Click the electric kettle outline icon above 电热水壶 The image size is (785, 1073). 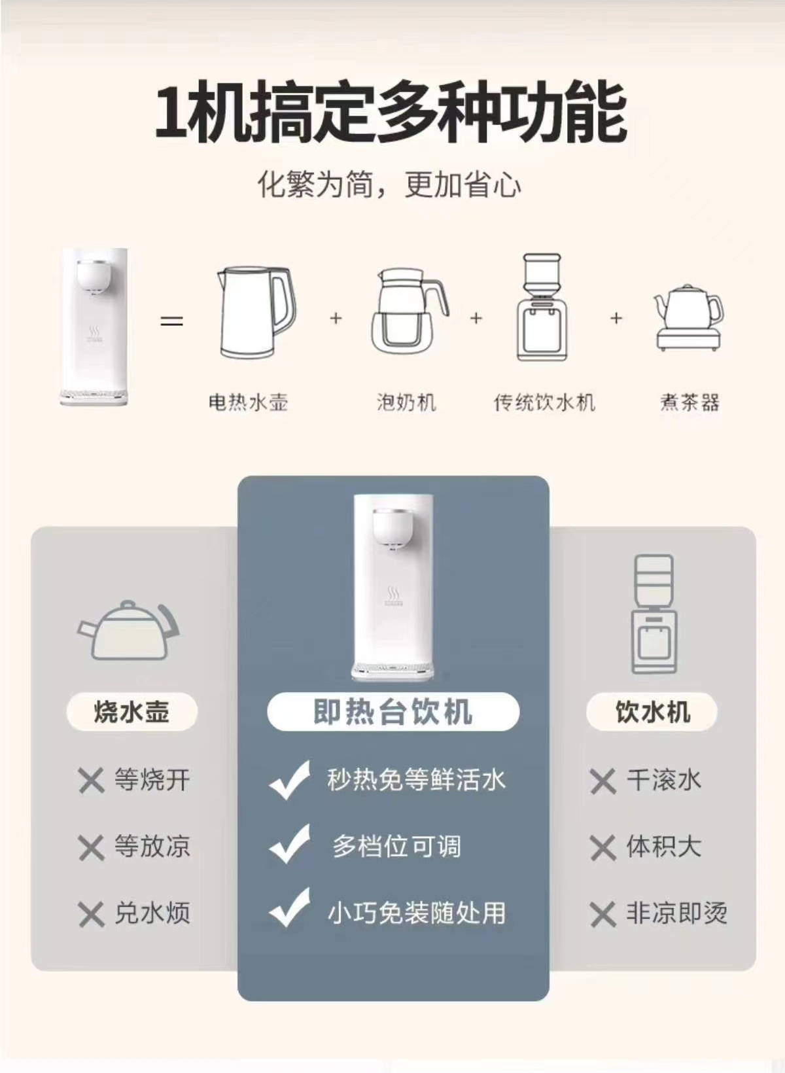(x=256, y=312)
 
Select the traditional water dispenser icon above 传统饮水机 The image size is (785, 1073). (x=544, y=307)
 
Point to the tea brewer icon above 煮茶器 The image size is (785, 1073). (x=689, y=317)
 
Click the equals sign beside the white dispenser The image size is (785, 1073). (x=172, y=321)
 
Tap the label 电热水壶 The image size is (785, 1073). (x=248, y=402)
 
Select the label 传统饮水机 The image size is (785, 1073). (x=544, y=402)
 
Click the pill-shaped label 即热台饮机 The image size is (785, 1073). (x=393, y=711)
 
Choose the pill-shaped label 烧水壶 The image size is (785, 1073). (x=131, y=711)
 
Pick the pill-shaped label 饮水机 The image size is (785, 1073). (x=652, y=711)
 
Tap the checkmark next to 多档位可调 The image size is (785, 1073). (x=289, y=845)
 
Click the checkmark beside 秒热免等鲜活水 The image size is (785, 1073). (x=289, y=781)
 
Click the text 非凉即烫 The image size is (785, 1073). (x=677, y=913)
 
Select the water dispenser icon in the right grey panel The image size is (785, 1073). (x=654, y=614)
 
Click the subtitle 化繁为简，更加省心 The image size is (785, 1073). (x=389, y=185)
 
